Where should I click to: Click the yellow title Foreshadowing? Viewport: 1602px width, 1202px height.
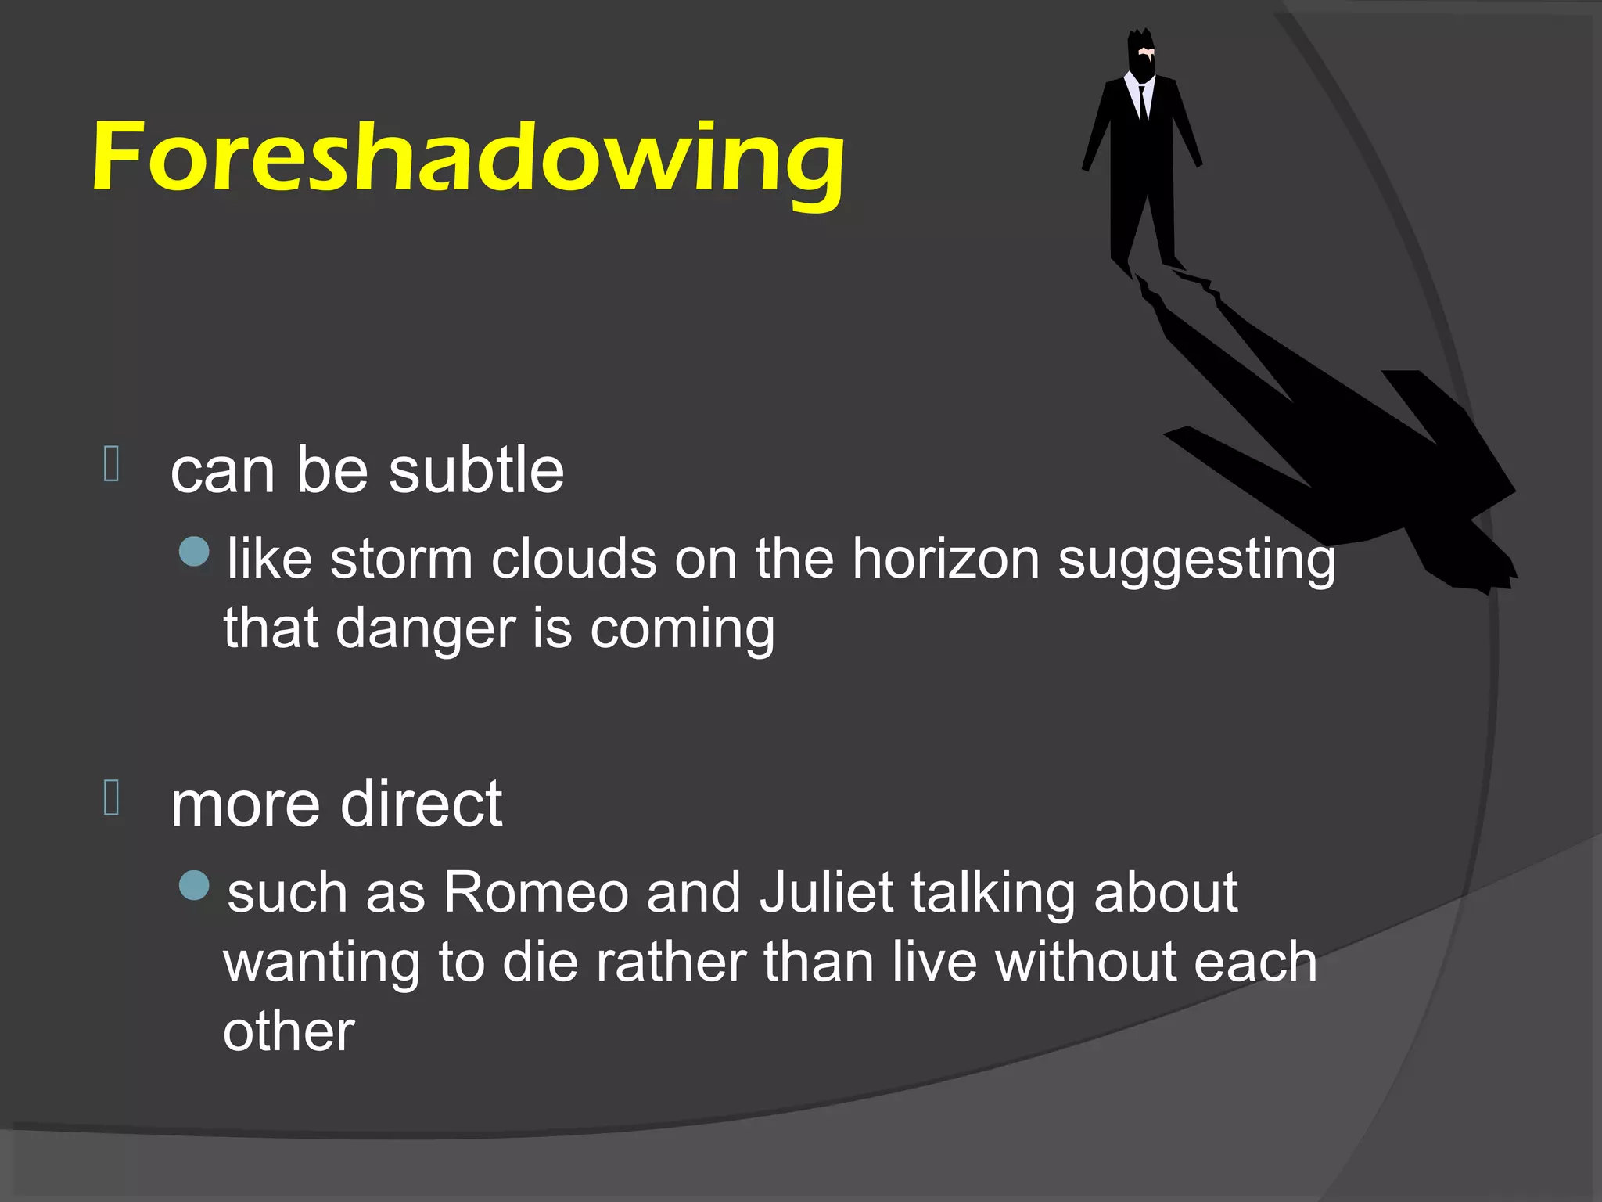click(x=468, y=159)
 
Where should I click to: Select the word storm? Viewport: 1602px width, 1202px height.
click(x=401, y=560)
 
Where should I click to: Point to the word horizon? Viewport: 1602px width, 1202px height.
click(x=946, y=560)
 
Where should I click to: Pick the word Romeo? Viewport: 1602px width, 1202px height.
click(x=537, y=893)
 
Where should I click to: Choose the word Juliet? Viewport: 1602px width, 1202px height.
click(x=826, y=893)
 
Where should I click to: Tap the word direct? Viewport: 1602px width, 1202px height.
click(x=422, y=804)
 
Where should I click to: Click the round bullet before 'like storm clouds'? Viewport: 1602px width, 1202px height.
click(x=194, y=552)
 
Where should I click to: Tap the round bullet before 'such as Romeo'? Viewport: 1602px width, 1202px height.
click(x=194, y=886)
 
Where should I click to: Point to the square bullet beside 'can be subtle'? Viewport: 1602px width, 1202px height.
click(x=111, y=463)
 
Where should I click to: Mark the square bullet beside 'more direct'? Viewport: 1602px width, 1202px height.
click(x=111, y=797)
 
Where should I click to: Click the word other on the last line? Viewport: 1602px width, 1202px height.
click(x=289, y=1031)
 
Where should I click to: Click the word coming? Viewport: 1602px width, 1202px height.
click(x=682, y=630)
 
